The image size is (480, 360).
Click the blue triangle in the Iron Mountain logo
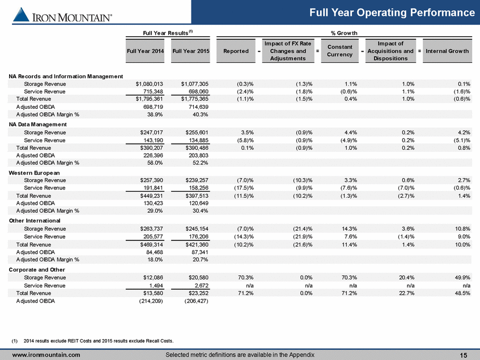(21, 15)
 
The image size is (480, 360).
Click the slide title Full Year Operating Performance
(392, 12)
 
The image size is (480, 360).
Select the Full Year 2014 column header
(145, 51)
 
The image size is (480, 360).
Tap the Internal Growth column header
(447, 51)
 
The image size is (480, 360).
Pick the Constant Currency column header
(339, 51)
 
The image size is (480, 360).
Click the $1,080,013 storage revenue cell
(150, 84)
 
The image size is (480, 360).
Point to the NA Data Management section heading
(37, 124)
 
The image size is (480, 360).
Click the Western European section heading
(34, 173)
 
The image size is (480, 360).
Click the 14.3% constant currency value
(349, 228)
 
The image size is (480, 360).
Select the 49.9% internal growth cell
(462, 278)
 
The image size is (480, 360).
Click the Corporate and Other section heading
(37, 270)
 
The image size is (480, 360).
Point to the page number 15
(464, 355)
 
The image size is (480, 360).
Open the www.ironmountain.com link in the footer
(46, 355)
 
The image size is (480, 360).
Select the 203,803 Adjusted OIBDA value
(198, 155)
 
